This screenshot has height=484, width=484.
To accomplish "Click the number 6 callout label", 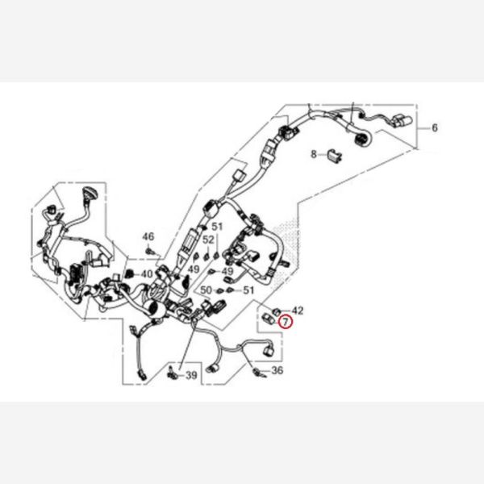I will click(435, 128).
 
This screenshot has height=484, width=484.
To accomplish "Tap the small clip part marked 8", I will click(332, 154).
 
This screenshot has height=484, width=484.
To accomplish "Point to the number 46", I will click(148, 236).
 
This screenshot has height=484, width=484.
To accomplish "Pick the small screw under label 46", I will click(151, 252).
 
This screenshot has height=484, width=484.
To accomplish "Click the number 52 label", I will click(209, 240).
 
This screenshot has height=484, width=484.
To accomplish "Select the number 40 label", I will click(146, 274).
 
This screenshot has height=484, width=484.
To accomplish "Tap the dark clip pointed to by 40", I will click(125, 276).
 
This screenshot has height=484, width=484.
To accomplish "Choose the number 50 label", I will click(206, 290).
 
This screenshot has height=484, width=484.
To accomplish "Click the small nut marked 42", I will click(277, 310).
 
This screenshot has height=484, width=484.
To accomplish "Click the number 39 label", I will click(191, 375).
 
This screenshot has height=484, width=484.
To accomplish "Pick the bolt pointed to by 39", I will click(172, 374).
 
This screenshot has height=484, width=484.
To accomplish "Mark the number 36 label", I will click(277, 371).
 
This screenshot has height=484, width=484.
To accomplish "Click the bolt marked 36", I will click(258, 372).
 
